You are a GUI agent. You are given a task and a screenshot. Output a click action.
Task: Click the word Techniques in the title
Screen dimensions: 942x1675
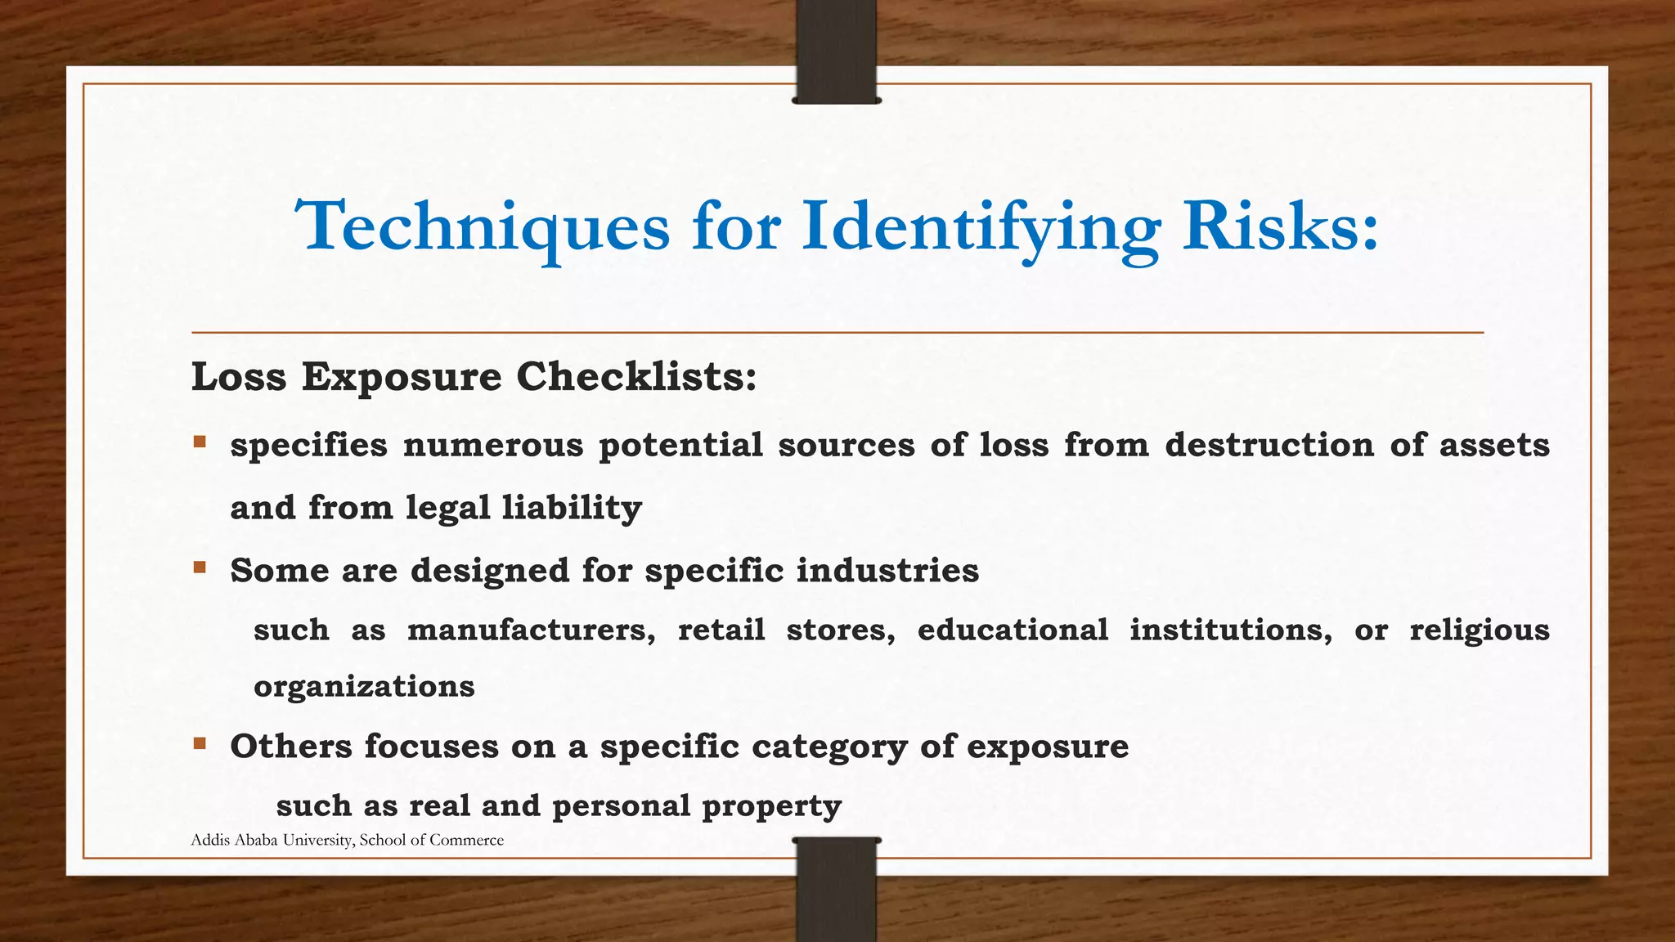483,227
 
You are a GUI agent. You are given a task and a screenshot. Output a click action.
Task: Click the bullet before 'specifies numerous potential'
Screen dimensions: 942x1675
200,442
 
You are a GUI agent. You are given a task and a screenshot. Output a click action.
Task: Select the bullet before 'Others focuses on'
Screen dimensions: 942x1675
200,743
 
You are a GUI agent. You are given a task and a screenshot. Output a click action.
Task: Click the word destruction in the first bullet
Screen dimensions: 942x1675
1269,446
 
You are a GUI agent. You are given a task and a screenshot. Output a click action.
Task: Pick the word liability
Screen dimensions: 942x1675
572,508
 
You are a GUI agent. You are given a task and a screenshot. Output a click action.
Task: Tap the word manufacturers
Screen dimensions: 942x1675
531,630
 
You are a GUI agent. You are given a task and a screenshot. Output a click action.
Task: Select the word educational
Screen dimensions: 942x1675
1013,630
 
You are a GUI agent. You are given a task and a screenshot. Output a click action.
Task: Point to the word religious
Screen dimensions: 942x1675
1479,630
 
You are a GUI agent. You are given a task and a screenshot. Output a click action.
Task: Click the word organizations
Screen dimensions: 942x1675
364,686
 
